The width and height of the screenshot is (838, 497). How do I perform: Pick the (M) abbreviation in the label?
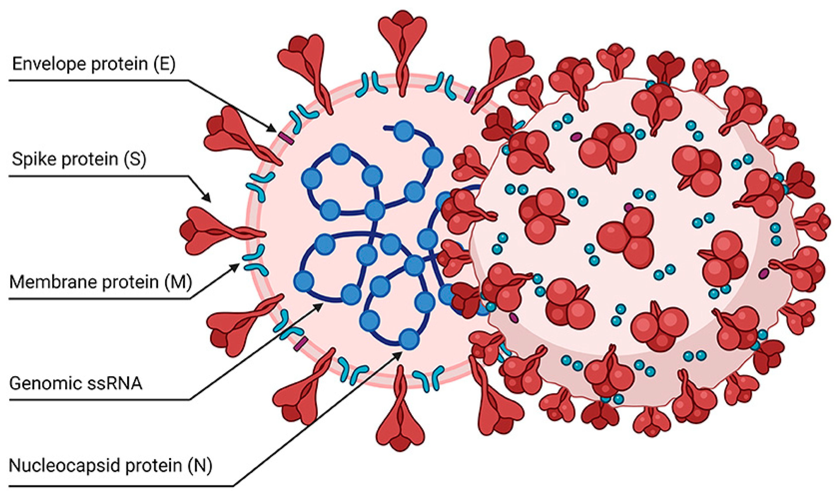coord(179,282)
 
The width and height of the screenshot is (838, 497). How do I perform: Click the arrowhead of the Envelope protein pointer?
coord(273,129)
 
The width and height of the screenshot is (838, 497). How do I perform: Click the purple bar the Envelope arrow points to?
coord(286,138)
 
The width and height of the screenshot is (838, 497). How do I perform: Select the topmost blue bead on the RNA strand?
coord(404,131)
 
